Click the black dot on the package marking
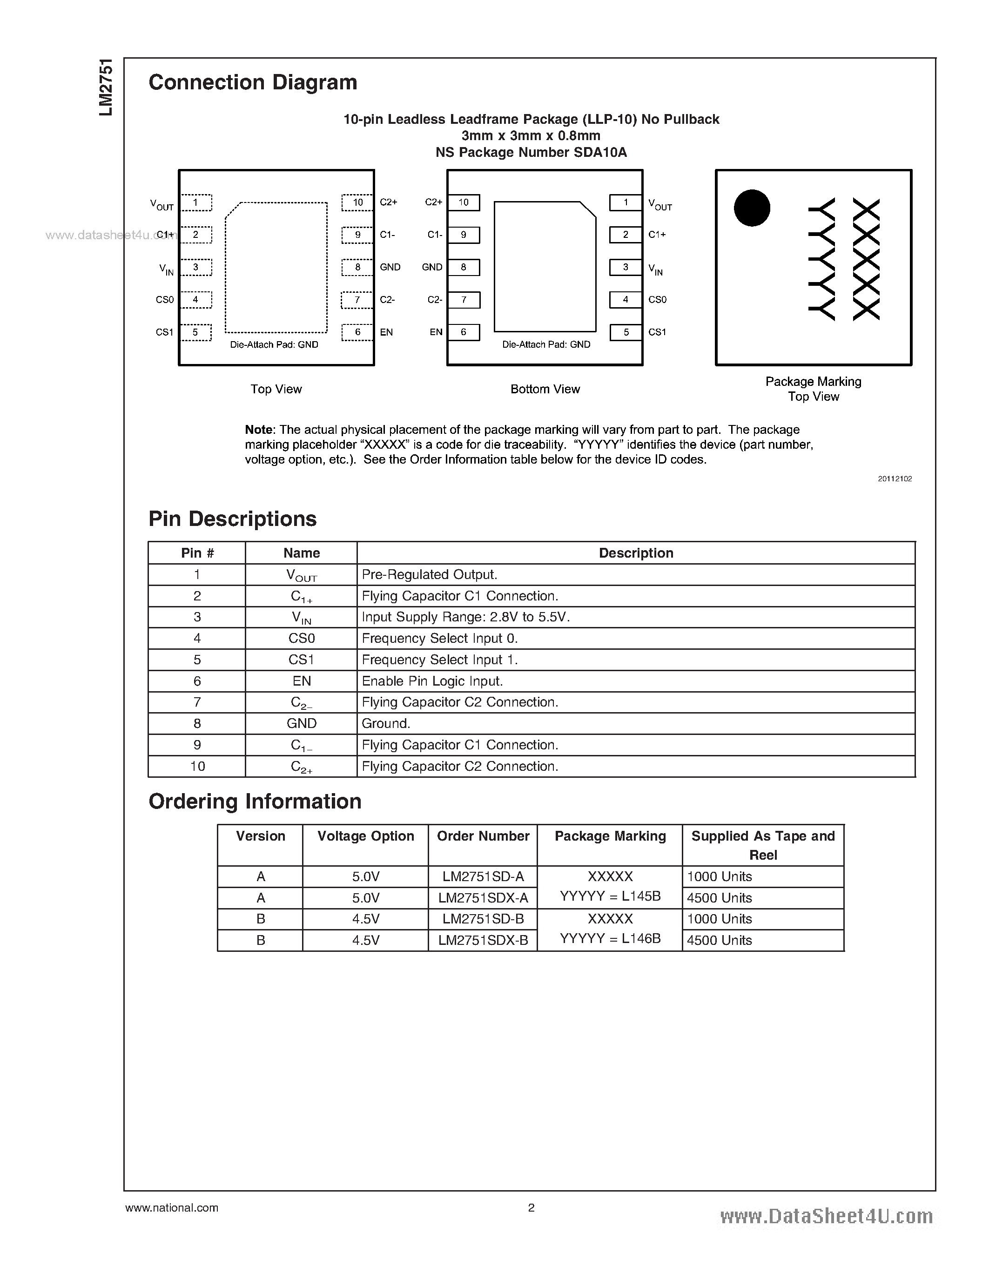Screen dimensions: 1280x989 click(x=752, y=208)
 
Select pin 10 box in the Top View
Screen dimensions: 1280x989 click(x=357, y=202)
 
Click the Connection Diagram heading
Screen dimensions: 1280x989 click(x=253, y=82)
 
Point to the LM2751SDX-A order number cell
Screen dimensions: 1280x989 click(x=483, y=897)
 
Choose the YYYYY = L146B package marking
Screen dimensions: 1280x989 click(x=610, y=938)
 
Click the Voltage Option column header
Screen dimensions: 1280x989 click(x=366, y=836)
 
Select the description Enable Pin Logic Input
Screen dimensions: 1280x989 click(x=432, y=681)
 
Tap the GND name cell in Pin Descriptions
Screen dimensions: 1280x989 click(x=301, y=723)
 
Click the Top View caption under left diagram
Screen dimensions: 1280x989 click(x=276, y=389)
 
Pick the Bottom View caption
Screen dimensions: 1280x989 click(x=545, y=389)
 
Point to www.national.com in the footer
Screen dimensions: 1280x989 click(x=172, y=1207)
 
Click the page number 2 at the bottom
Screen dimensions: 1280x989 click(x=531, y=1207)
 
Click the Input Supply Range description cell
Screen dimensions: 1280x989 click(x=466, y=617)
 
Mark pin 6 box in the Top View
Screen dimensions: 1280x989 click(x=357, y=332)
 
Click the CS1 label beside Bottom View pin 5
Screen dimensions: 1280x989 click(x=657, y=332)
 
